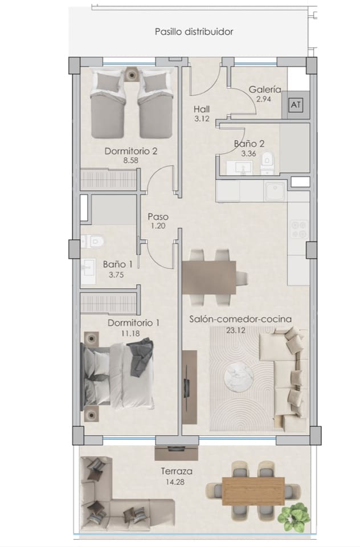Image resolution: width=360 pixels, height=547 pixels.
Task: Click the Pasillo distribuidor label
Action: tap(194, 32)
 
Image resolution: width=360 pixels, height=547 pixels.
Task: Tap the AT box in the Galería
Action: tap(295, 105)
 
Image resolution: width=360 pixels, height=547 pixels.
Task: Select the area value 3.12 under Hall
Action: tap(202, 119)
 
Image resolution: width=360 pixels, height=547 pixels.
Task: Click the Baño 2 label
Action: tap(249, 144)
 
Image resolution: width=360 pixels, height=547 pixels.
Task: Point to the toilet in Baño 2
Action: tap(267, 165)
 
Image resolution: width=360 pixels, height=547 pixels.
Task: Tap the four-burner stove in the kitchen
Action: tap(298, 228)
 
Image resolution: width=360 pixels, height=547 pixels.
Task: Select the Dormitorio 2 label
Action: tap(130, 152)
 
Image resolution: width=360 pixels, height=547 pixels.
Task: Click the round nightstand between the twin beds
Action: tap(132, 74)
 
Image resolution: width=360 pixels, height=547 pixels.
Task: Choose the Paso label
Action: tap(158, 217)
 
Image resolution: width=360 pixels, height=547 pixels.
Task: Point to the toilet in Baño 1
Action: tap(91, 242)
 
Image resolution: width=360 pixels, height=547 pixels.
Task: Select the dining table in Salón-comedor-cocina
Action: tap(208, 277)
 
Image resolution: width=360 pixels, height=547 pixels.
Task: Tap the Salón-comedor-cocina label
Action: tap(240, 320)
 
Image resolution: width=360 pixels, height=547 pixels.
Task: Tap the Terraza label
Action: tap(176, 471)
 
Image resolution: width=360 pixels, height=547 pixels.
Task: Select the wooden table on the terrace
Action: tap(253, 490)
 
